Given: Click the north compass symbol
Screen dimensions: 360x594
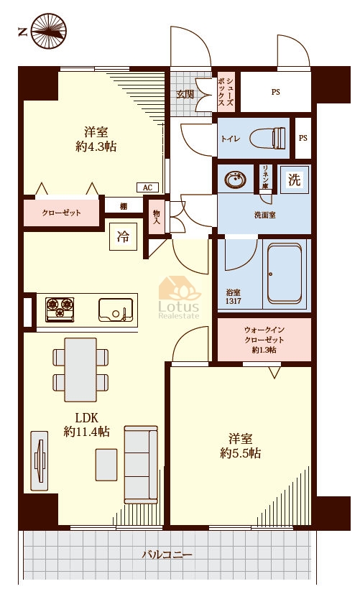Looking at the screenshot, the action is (48, 31).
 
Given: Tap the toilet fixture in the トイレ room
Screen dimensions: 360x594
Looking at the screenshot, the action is (267, 138).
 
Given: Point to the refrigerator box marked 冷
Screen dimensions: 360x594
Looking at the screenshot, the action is (123, 237).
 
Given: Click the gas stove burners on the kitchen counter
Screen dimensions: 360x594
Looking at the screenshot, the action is (60, 310).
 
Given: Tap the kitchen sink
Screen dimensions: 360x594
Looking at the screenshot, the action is (116, 310).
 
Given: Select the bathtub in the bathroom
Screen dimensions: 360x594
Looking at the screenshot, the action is (285, 274).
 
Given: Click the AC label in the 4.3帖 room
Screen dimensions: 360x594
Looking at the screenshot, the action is (147, 187).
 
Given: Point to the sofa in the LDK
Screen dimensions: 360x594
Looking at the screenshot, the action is (141, 465).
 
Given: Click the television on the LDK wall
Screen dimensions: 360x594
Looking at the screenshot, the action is (40, 460).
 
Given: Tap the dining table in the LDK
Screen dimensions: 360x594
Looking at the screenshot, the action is (80, 369).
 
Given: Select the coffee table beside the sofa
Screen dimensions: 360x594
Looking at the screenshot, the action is (106, 465).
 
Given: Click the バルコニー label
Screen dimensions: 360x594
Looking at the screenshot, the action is (167, 555).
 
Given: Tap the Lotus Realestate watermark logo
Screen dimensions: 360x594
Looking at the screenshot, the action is (179, 297).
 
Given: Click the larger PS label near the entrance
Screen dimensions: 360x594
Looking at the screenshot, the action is (275, 92).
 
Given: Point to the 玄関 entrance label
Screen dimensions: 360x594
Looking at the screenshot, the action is (185, 94).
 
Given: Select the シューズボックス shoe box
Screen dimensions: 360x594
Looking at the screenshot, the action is (226, 92).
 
